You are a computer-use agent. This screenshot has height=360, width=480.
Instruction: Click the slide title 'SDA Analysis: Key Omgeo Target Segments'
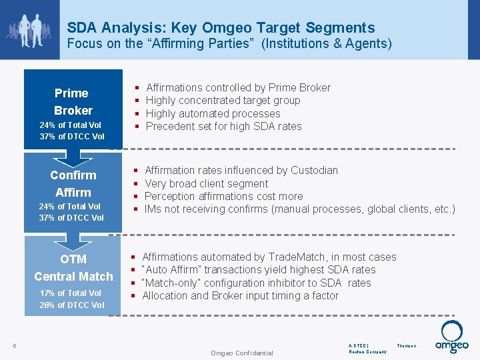pyautogui.click(x=221, y=28)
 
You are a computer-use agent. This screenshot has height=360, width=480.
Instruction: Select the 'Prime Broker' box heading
pyautogui.click(x=73, y=101)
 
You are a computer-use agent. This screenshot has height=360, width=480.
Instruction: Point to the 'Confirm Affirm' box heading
pyautogui.click(x=73, y=183)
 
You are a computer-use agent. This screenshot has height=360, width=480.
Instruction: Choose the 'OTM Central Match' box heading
pyautogui.click(x=73, y=267)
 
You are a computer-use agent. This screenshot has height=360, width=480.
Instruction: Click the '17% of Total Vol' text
pyautogui.click(x=71, y=293)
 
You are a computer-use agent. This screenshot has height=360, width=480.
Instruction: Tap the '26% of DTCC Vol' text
pyautogui.click(x=71, y=305)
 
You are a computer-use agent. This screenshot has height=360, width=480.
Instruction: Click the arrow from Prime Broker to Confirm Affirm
pyautogui.click(x=73, y=157)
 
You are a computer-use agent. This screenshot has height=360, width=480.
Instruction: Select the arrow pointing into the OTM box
pyautogui.click(x=73, y=239)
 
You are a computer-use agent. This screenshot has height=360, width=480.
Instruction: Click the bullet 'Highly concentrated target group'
pyautogui.click(x=223, y=101)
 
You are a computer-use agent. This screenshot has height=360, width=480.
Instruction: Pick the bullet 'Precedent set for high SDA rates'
pyautogui.click(x=223, y=127)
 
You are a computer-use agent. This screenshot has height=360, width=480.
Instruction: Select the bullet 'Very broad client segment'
pyautogui.click(x=206, y=183)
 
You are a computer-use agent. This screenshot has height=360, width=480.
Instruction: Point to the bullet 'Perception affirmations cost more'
pyautogui.click(x=223, y=196)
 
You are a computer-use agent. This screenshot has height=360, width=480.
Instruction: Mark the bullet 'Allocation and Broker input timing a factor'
pyautogui.click(x=240, y=295)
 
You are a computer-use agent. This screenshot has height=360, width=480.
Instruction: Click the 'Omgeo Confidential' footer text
pyautogui.click(x=241, y=353)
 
